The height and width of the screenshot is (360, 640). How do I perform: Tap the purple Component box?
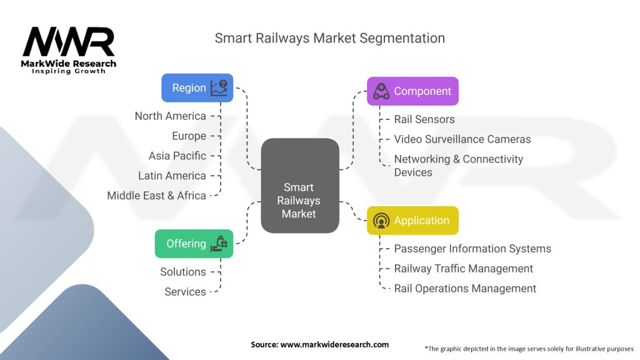tap(412, 91)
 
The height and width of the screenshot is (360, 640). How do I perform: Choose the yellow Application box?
tap(412, 221)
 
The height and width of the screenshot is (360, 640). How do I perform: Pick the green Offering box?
tap(194, 244)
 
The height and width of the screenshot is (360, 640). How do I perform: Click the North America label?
tap(170, 116)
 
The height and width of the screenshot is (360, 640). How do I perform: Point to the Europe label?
tap(189, 136)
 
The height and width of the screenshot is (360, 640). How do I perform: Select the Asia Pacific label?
tap(177, 156)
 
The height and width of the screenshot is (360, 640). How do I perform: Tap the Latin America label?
tap(172, 176)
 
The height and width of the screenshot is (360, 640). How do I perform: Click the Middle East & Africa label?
tap(156, 196)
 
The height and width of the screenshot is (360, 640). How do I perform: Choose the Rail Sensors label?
tap(424, 119)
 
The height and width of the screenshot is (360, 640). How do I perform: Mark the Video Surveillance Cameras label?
tap(462, 139)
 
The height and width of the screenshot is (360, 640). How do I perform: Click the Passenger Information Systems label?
tap(472, 249)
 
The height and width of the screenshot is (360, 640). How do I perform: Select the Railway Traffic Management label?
tap(463, 269)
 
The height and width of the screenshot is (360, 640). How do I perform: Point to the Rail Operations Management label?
tap(465, 289)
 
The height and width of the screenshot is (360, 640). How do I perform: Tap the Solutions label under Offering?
tap(182, 272)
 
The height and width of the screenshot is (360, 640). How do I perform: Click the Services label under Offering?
tap(185, 292)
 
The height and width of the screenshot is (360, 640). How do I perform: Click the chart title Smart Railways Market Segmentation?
tap(330, 38)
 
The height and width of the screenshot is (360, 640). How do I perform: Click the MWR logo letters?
tap(69, 42)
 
